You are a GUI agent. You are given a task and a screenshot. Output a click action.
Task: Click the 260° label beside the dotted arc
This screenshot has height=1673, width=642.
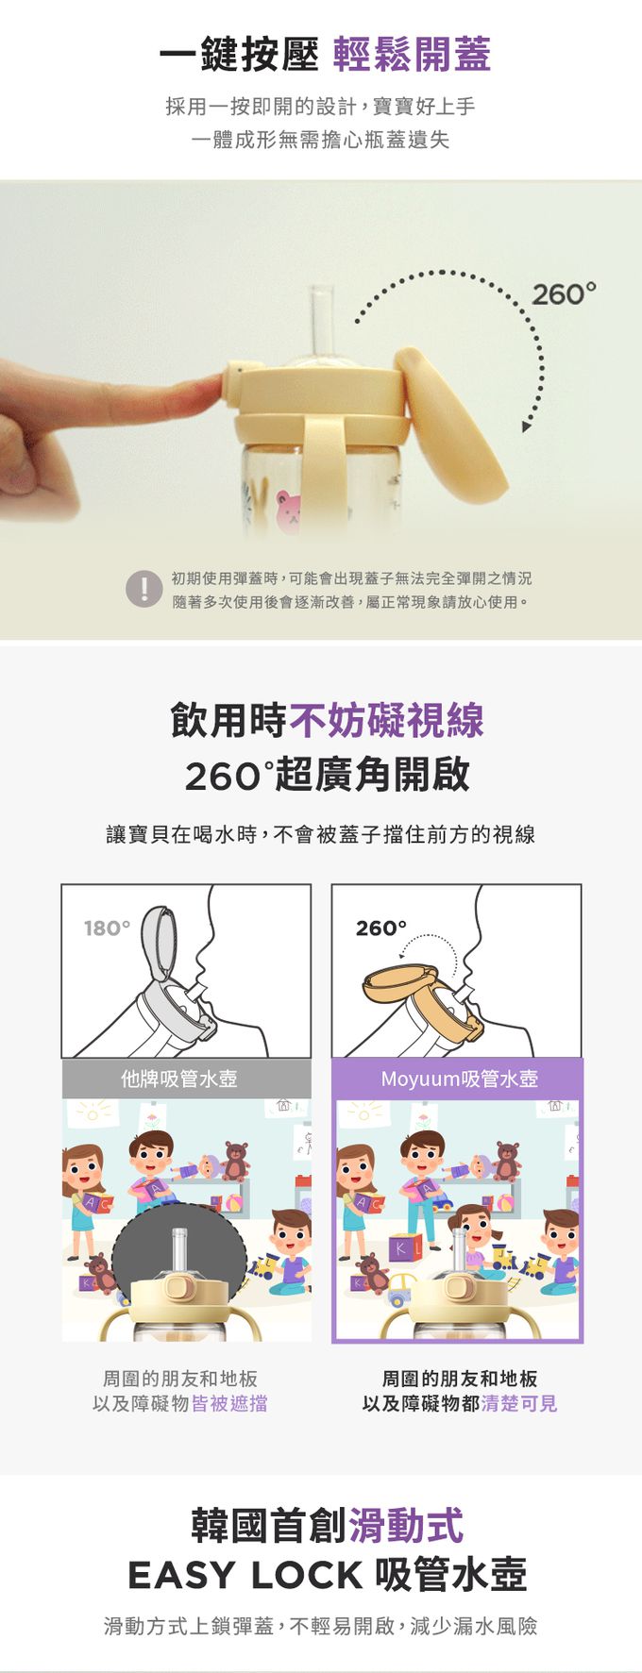click(565, 294)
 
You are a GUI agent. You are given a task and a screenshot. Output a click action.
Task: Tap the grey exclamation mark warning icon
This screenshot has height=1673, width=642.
click(144, 590)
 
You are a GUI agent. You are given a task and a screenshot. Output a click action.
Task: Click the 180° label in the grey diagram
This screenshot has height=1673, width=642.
click(107, 929)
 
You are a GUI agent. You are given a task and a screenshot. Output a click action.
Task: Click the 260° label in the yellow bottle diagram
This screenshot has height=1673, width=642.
click(381, 929)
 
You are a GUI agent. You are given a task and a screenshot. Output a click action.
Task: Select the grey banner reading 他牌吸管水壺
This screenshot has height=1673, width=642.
click(186, 1079)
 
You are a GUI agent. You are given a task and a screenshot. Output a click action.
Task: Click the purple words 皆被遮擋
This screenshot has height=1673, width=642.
click(229, 1404)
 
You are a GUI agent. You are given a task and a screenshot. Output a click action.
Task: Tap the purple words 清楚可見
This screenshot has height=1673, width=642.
click(518, 1404)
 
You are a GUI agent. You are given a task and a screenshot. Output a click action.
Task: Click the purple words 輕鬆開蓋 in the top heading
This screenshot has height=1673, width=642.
click(412, 55)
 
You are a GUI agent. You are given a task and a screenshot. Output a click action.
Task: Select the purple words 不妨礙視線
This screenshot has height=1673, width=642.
click(386, 721)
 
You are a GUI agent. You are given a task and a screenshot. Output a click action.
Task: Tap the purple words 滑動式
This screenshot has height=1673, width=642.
click(406, 1526)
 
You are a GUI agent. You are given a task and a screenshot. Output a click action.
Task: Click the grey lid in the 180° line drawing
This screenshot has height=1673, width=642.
click(160, 942)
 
